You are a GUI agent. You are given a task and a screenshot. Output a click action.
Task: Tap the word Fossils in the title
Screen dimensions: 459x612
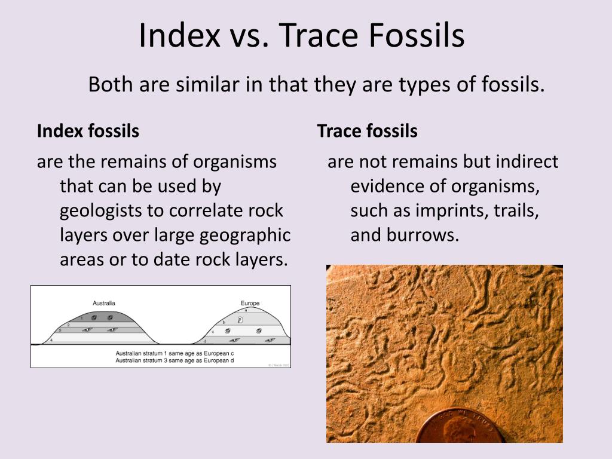416,35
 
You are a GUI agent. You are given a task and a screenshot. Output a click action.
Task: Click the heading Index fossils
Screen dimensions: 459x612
88,131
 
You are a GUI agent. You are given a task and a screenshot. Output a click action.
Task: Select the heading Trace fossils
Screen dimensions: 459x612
367,131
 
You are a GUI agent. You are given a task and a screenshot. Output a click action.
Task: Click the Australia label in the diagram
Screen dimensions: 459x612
104,303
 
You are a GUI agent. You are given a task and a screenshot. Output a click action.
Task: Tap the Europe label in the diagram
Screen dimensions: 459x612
250,303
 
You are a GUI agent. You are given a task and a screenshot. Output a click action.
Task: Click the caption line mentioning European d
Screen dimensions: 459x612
175,360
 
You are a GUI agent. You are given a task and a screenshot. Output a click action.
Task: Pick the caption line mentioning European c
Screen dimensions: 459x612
175,353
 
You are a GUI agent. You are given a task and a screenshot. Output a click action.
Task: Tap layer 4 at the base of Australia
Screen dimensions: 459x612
96,339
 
